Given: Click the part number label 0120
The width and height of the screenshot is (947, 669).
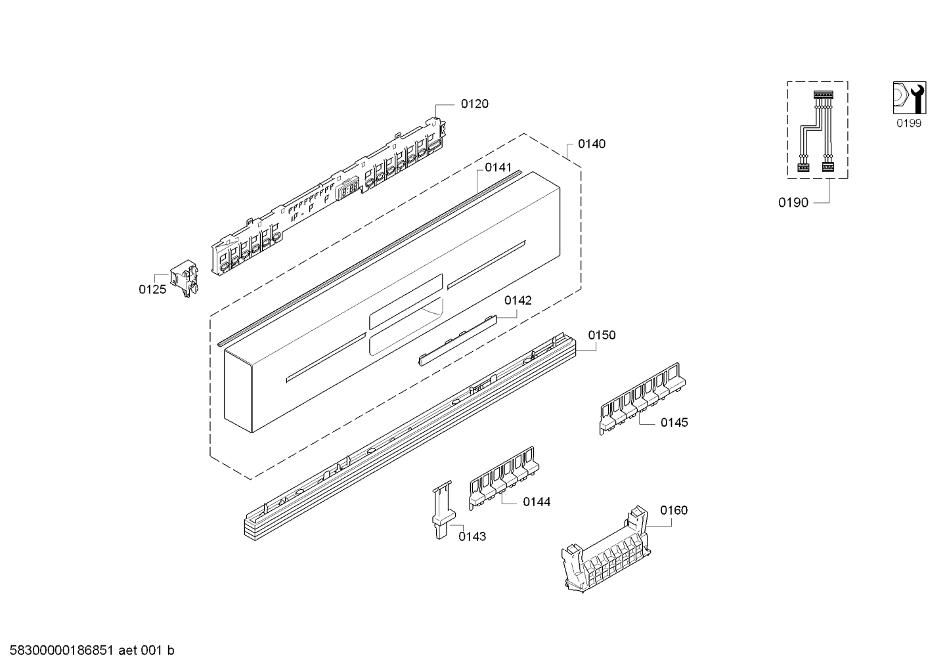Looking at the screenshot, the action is coord(474,104).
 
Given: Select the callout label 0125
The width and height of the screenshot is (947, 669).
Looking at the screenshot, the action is coord(152,290).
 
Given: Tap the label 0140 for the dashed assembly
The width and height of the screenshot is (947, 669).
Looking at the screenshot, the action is coord(592,144).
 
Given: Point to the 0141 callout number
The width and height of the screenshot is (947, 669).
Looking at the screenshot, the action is coord(498,168).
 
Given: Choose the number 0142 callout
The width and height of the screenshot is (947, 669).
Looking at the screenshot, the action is coord(518,301).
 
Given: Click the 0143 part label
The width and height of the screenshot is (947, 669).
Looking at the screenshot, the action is coord(472,537).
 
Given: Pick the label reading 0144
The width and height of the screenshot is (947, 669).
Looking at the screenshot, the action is coord(537,502).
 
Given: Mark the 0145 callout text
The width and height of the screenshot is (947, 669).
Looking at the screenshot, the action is coord(674,423).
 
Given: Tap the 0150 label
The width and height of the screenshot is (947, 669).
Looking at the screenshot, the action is coord(602,335).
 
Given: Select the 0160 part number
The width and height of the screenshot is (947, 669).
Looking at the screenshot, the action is coord(674,511).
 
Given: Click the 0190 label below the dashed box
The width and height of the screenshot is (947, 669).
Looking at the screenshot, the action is coord(793,203).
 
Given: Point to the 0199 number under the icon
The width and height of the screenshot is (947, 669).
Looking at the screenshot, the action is coord(909,123).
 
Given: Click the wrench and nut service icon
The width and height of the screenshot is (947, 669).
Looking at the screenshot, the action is coord(910,98).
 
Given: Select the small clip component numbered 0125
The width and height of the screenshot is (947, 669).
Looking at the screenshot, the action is coord(185,278).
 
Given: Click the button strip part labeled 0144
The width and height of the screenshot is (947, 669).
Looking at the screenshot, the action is coord(504,478).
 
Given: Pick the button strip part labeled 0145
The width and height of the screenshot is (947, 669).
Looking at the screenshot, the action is coord(642,398).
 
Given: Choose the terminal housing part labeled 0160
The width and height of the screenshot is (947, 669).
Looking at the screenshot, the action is coord(606,550).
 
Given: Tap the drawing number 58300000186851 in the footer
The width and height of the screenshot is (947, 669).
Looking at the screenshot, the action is coord(62,651).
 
